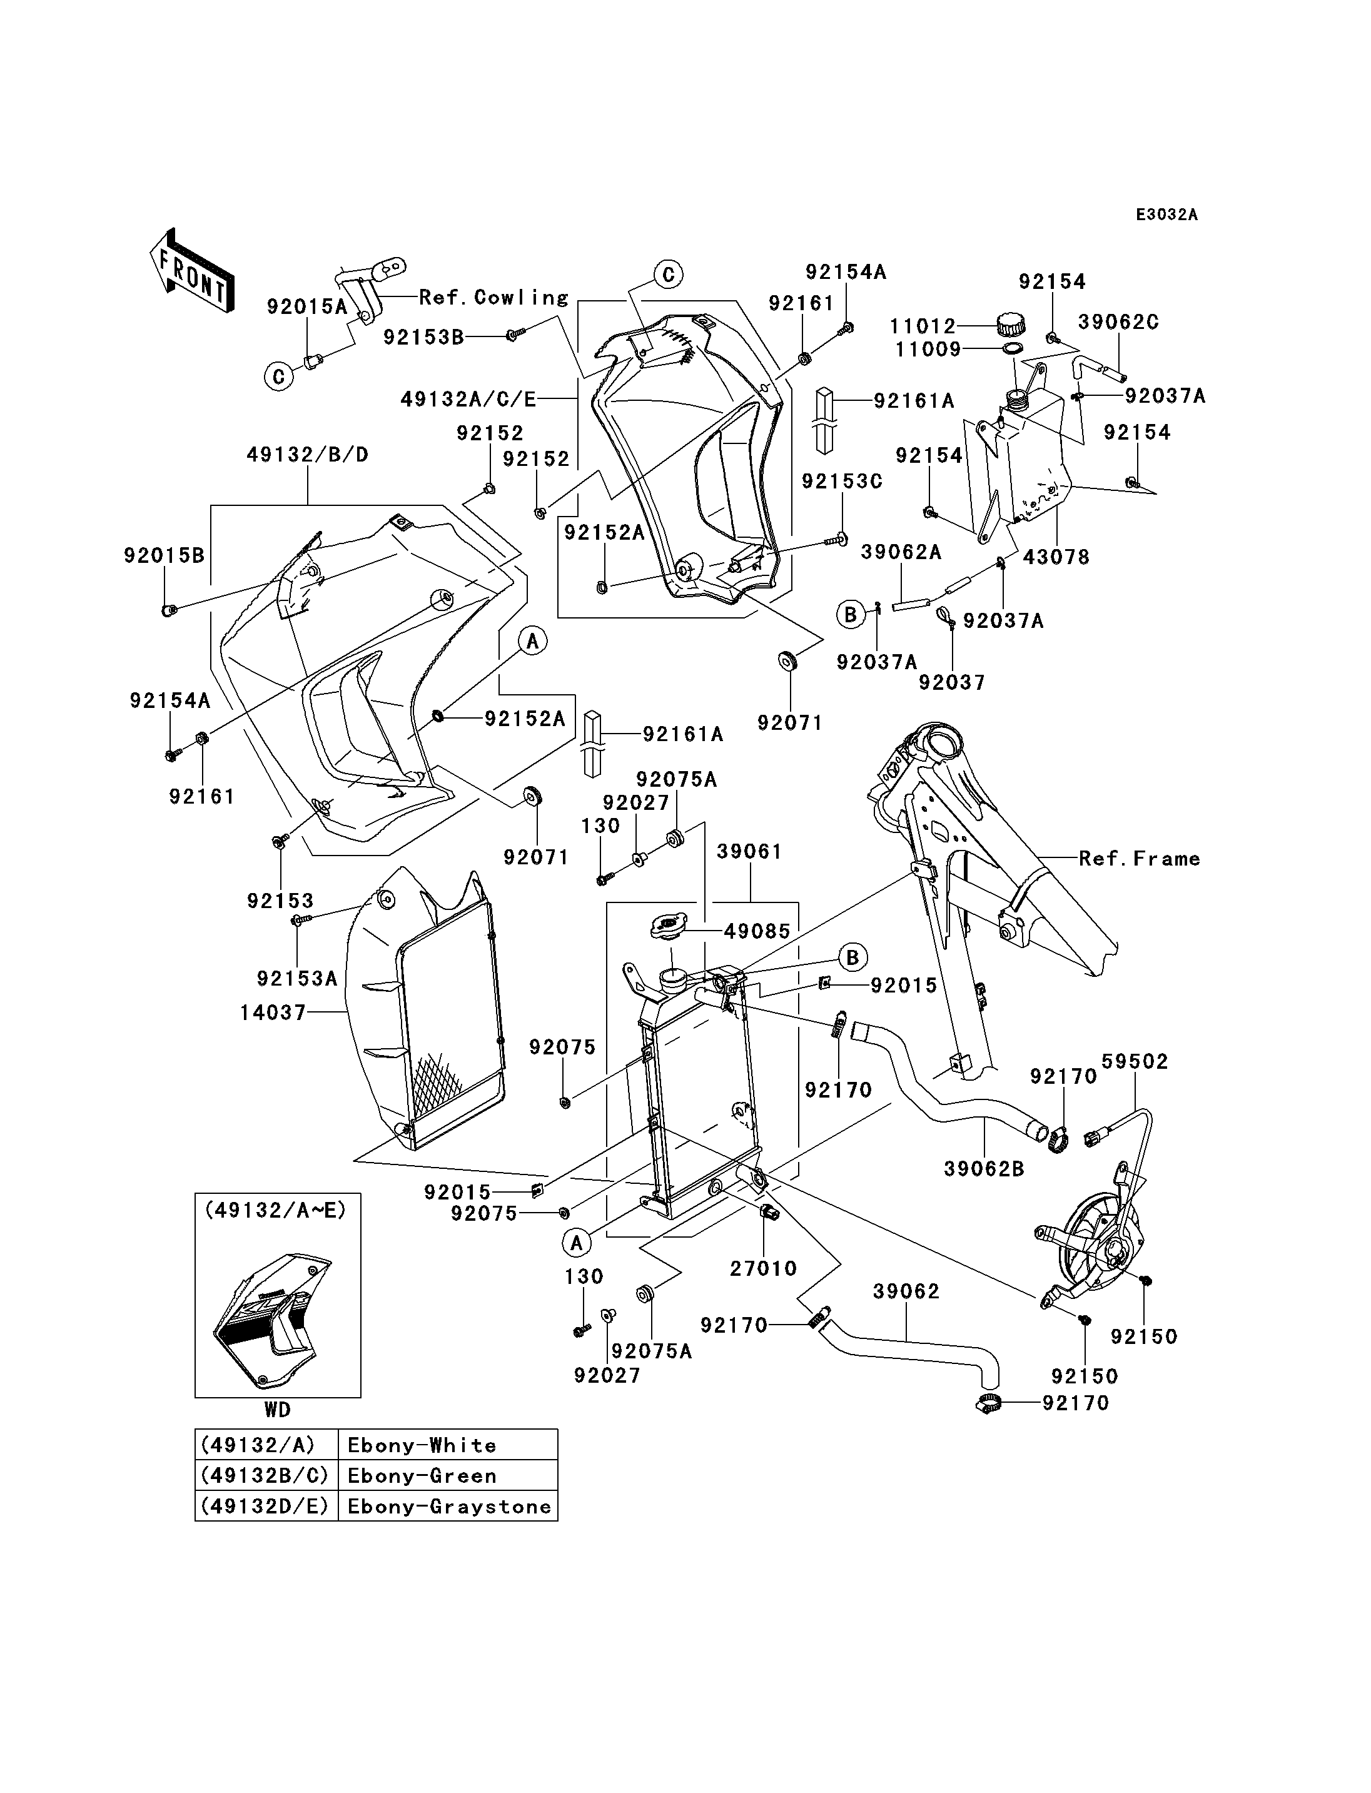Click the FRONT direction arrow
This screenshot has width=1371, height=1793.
193,270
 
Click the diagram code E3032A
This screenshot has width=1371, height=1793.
1167,215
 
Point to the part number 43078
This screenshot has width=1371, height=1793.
1056,557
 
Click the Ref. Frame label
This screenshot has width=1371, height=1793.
1139,858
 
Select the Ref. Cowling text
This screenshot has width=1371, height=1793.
493,297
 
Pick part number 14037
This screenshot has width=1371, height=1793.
273,1012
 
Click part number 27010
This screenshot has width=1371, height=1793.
763,1268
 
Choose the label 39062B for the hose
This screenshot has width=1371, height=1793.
984,1169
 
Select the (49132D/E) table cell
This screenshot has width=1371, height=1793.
266,1507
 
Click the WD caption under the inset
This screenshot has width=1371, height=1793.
278,1410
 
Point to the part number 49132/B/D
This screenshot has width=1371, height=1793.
308,455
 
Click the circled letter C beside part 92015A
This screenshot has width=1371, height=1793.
278,376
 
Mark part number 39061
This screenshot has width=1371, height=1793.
749,851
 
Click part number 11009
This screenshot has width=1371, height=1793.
926,350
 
